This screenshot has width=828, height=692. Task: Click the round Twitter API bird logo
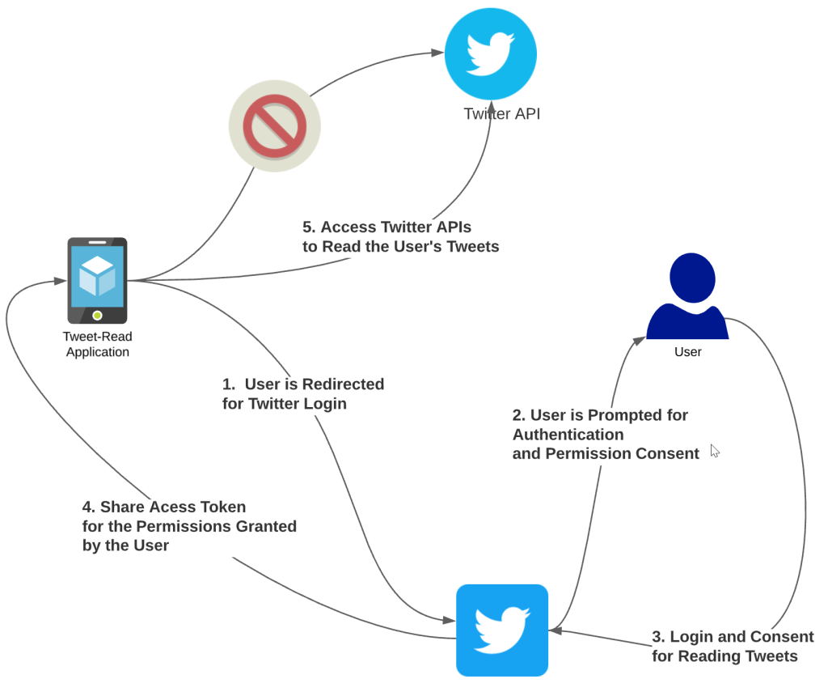[491, 53]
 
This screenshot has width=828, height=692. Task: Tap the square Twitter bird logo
[502, 630]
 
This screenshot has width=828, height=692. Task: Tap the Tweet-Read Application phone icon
[97, 280]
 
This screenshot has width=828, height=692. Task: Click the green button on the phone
[97, 315]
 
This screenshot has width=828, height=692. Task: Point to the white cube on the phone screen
[97, 275]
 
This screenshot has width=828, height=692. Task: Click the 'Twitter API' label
[501, 114]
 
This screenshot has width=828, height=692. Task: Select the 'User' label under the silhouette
[687, 352]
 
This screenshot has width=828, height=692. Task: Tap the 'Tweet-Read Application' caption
[97, 344]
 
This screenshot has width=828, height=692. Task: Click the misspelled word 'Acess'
[169, 507]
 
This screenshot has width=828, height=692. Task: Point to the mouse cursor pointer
[715, 450]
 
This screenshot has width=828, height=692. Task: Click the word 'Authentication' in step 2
[568, 435]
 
